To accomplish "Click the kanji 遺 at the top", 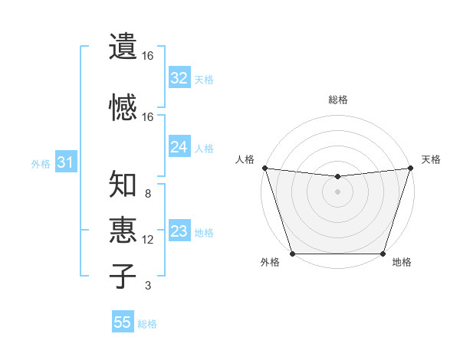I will [x=123, y=46].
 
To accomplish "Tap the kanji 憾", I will [x=123, y=107].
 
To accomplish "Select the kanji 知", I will [x=123, y=185].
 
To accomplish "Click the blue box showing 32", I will [x=179, y=78].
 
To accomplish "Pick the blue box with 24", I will [x=179, y=147].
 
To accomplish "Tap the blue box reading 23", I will [x=179, y=231].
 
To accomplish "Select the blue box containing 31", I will [x=65, y=162].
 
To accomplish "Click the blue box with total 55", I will [x=123, y=322].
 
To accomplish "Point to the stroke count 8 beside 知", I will [x=148, y=194].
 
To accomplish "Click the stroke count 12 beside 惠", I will [x=148, y=240].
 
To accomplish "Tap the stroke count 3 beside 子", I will [x=148, y=286].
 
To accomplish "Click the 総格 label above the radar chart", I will [x=337, y=100].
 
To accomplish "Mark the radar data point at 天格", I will [x=410, y=168].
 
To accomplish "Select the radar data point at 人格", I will [x=264, y=168].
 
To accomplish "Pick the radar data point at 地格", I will [x=383, y=254].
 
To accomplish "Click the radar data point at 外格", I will [x=292, y=254].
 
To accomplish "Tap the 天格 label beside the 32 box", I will [x=204, y=79].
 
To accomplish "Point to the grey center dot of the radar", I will [x=337, y=191].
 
